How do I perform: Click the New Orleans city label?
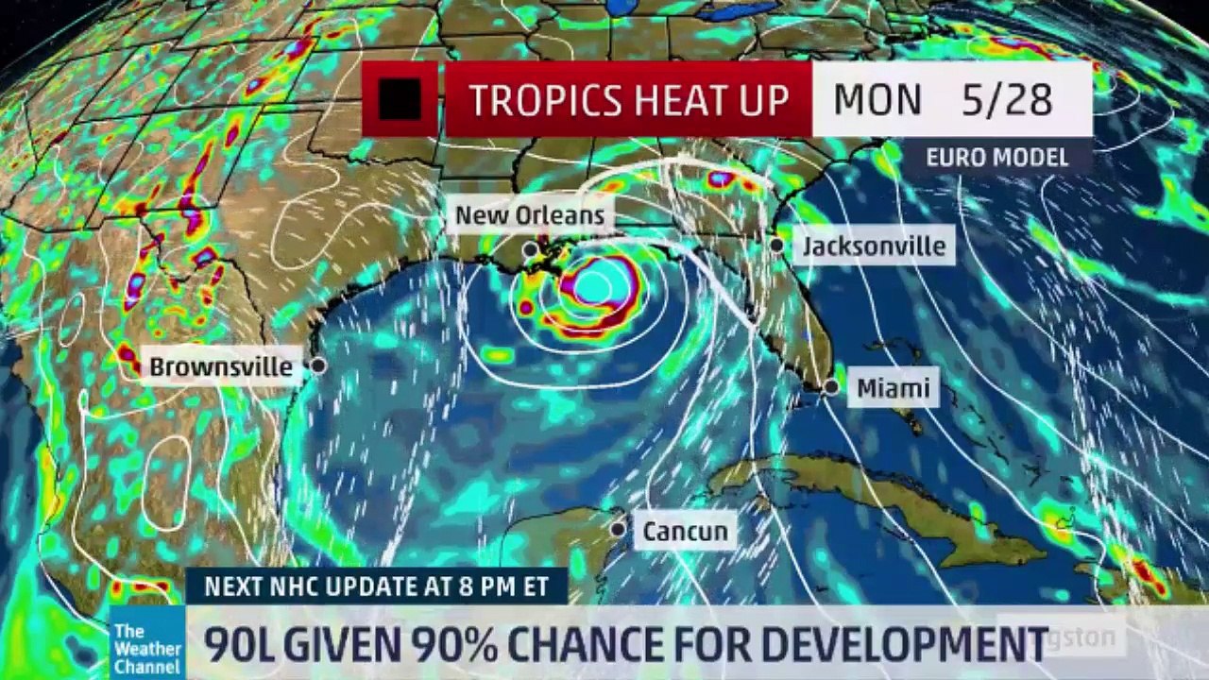[529, 215]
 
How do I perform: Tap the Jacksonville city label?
[874, 246]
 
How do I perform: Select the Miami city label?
[893, 388]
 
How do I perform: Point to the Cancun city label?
[686, 532]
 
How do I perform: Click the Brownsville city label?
[221, 366]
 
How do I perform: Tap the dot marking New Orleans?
[531, 249]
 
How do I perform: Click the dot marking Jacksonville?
[776, 246]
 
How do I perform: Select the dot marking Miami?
[831, 387]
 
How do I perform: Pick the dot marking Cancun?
[618, 530]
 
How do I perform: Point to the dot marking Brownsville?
[318, 365]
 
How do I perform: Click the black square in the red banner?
[400, 99]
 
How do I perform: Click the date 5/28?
[1007, 100]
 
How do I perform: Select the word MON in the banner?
[877, 100]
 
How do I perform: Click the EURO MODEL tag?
[996, 157]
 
